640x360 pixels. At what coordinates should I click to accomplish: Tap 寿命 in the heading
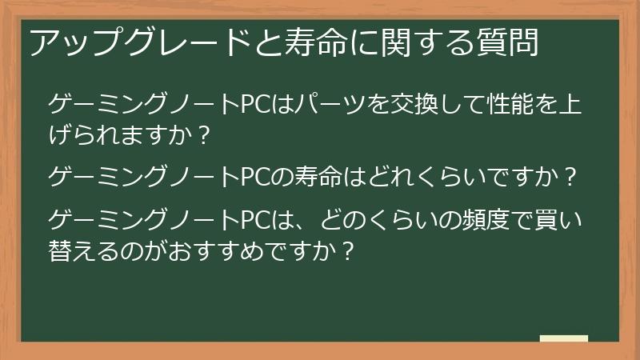(x=301, y=42)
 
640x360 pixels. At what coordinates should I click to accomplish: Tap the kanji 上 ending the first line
(x=574, y=104)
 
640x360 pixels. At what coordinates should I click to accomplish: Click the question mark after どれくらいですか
(x=570, y=176)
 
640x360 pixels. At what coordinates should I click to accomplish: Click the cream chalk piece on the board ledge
(x=563, y=338)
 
